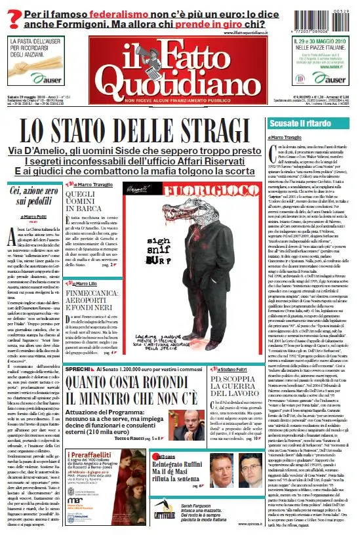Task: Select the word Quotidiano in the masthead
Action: pyautogui.click(x=180, y=81)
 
